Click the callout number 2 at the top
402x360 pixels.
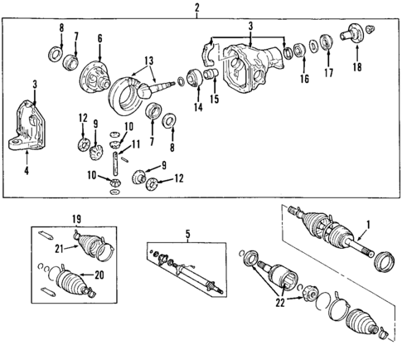pos(196,9)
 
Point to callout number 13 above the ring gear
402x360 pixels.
pos(149,61)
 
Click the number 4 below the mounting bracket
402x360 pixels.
pos(27,172)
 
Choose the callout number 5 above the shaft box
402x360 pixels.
pos(189,235)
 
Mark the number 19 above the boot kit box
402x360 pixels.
pos(77,219)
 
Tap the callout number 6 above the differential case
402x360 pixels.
pos(99,38)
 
